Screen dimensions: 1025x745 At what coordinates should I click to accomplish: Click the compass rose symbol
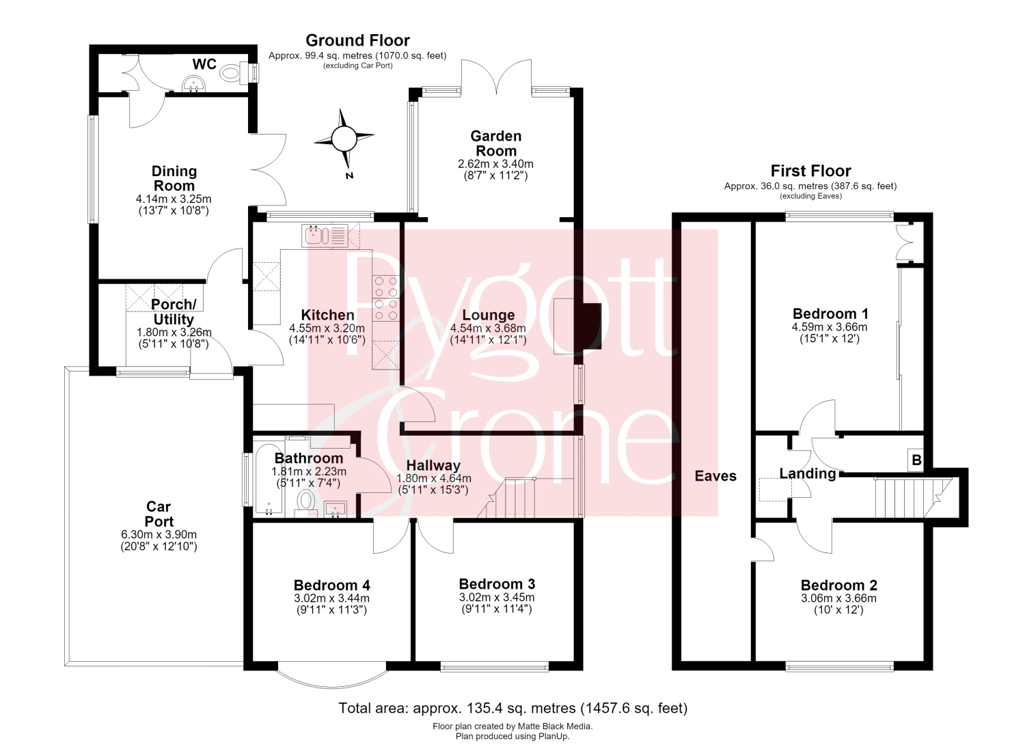[344, 139]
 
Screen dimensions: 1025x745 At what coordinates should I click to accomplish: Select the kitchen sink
[325, 236]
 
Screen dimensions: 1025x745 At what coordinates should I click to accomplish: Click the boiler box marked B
[916, 460]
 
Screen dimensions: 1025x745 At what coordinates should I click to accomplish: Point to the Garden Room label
[496, 143]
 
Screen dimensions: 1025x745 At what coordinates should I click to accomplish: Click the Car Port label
[159, 514]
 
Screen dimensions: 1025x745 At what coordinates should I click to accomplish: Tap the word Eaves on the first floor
[715, 476]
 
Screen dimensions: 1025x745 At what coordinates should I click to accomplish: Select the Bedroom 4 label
[331, 585]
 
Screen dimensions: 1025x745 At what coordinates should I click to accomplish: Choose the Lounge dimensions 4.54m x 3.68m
[488, 328]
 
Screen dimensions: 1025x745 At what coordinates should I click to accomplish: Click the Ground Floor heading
[357, 40]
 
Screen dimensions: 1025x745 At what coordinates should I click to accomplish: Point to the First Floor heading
[810, 171]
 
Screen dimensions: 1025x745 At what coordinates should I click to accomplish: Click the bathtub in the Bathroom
[269, 479]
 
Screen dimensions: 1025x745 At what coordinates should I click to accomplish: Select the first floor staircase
[914, 497]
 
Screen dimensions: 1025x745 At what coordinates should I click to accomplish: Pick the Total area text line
[513, 708]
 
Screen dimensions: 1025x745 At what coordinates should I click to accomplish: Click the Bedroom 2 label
[838, 585]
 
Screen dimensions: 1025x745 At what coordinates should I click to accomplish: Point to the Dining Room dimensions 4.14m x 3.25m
[174, 199]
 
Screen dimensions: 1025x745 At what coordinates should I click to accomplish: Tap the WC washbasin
[194, 85]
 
